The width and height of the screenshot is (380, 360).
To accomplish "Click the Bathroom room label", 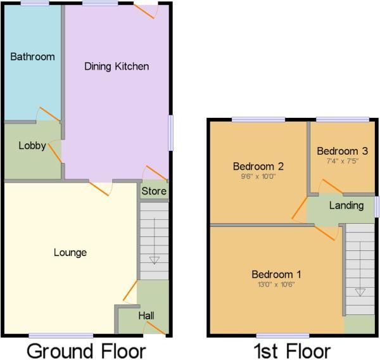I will coord(32,56).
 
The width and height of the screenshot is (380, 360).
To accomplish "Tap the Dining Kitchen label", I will coord(117,66).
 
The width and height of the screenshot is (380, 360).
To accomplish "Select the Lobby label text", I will coord(32,146).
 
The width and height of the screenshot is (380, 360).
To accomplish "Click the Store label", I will coord(154,191).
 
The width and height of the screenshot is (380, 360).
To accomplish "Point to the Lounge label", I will coord(70,253).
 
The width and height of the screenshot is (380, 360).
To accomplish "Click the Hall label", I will coord(146,315).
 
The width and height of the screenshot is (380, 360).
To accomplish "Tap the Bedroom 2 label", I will coord(258,167).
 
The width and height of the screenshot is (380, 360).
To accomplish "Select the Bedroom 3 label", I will coord(342,151).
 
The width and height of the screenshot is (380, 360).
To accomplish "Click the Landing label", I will coord(346,205).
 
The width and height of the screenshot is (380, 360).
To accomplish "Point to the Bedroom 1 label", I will coord(276,274).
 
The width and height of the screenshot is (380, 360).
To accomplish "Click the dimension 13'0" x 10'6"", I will coord(276,285).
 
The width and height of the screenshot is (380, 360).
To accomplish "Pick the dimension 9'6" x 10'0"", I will coord(258,177).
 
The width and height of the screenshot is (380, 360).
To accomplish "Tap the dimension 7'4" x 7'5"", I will coord(342,161).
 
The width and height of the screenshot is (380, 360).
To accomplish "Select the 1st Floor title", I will coord(292,350).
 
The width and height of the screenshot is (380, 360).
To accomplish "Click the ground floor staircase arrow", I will coord(154,260).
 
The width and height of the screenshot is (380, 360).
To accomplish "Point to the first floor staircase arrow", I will coord(360,292).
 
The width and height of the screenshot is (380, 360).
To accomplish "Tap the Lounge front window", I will coord(61,335).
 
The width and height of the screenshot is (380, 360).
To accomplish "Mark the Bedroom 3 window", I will coord(343,119).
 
